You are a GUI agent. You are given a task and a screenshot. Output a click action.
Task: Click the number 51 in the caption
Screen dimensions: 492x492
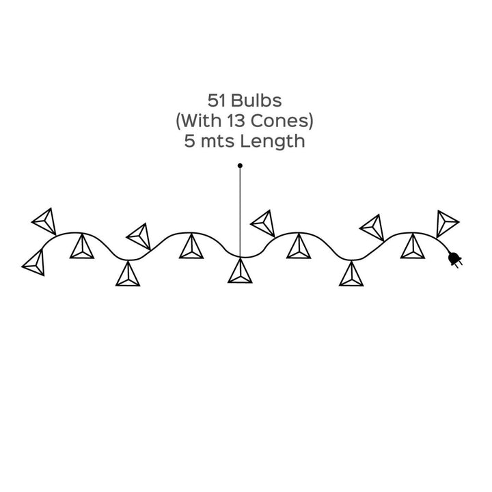pyautogui.click(x=217, y=101)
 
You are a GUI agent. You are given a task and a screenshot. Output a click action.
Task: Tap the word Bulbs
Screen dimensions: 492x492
pyautogui.click(x=256, y=101)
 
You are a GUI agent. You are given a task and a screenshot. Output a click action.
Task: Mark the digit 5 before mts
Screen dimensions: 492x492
pyautogui.click(x=189, y=142)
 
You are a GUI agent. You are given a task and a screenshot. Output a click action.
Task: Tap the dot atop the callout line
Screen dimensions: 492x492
pyautogui.click(x=240, y=165)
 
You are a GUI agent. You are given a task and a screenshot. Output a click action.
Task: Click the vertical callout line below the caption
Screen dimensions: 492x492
pyautogui.click(x=240, y=212)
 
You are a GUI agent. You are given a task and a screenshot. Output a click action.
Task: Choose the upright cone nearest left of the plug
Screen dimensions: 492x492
pyautogui.click(x=412, y=247)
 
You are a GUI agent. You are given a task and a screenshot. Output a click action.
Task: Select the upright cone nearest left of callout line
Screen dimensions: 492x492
pyautogui.click(x=191, y=247)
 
